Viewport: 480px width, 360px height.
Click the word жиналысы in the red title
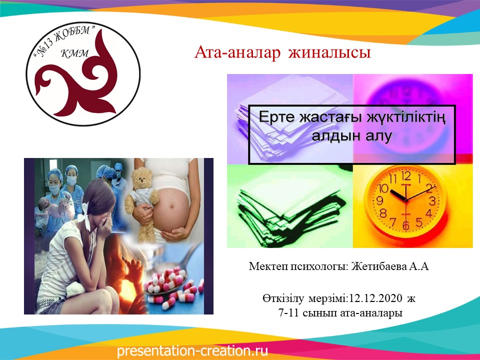coord(329,52)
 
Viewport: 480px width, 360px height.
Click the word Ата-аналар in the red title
coord(237,52)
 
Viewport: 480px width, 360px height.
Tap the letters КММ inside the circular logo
coord(75,53)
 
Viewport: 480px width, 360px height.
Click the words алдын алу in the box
coord(351,135)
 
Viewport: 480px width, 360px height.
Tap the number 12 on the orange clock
coord(406,176)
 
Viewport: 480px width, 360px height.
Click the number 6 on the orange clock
coord(406,225)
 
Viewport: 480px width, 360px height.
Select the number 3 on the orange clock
coord(432,201)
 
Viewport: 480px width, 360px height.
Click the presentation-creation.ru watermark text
coord(192,351)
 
